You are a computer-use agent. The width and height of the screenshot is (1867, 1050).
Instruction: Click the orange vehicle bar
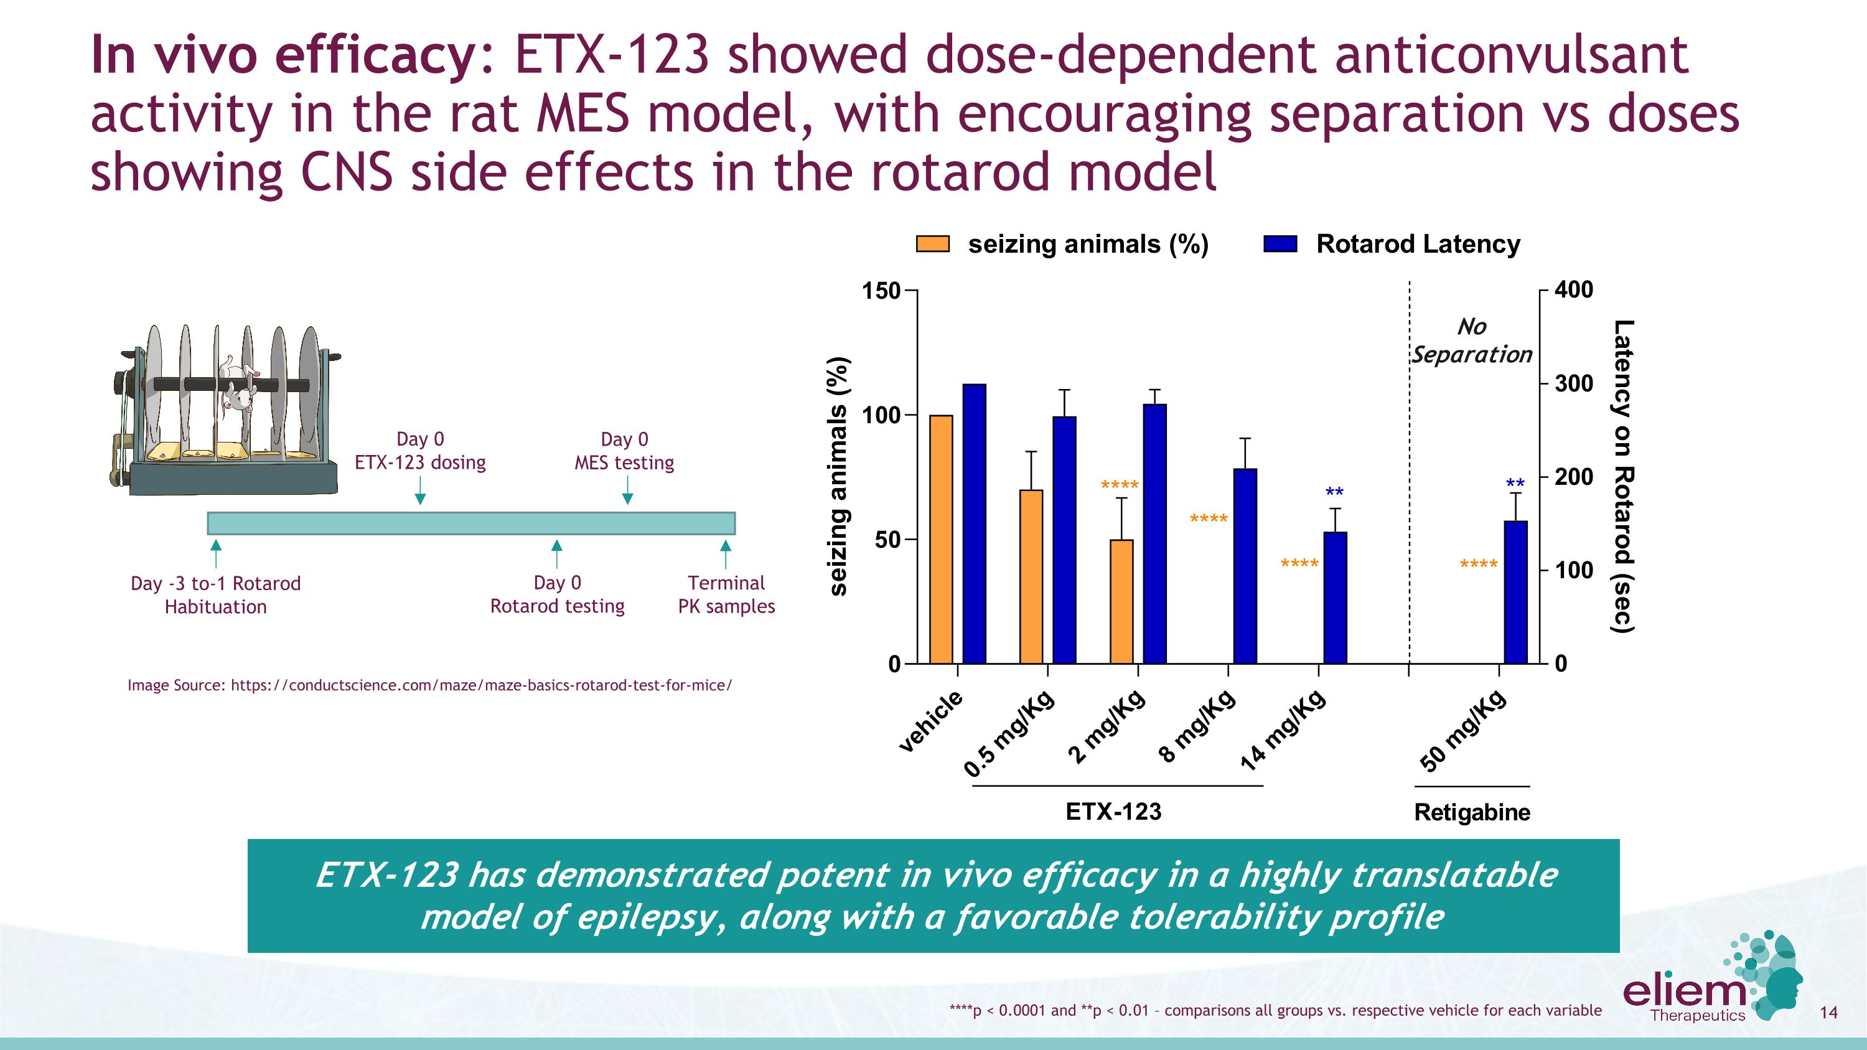[x=941, y=539]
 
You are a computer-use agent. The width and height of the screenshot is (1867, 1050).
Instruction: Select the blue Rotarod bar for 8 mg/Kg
[x=1245, y=566]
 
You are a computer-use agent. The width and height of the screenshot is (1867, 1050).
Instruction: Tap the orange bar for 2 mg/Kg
[x=1121, y=601]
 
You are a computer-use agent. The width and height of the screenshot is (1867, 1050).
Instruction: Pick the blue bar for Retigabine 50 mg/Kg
[x=1515, y=592]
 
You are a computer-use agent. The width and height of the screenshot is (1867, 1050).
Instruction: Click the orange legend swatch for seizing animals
[x=933, y=243]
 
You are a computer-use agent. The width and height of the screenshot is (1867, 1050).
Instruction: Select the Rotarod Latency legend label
[x=1418, y=244]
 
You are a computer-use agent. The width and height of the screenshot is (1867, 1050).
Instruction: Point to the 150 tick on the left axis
[x=880, y=291]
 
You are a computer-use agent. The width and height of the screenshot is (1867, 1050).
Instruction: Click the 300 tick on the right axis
[x=1573, y=383]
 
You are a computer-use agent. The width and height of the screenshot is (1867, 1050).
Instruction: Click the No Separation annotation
[x=1471, y=340]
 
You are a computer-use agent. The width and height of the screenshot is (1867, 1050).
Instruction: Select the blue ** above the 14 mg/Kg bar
[x=1334, y=494]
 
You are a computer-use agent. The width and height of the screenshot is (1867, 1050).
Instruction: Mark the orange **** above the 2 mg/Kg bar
[x=1120, y=485]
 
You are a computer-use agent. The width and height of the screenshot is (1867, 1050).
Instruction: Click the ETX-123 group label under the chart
[x=1113, y=811]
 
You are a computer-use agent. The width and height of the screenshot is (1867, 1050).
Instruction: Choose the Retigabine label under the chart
[x=1471, y=812]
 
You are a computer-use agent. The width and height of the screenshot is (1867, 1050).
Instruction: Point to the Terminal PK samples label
[x=726, y=594]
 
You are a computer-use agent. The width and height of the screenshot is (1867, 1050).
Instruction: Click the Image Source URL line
[x=429, y=685]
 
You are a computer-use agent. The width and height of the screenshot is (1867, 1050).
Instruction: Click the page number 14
[x=1828, y=1012]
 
